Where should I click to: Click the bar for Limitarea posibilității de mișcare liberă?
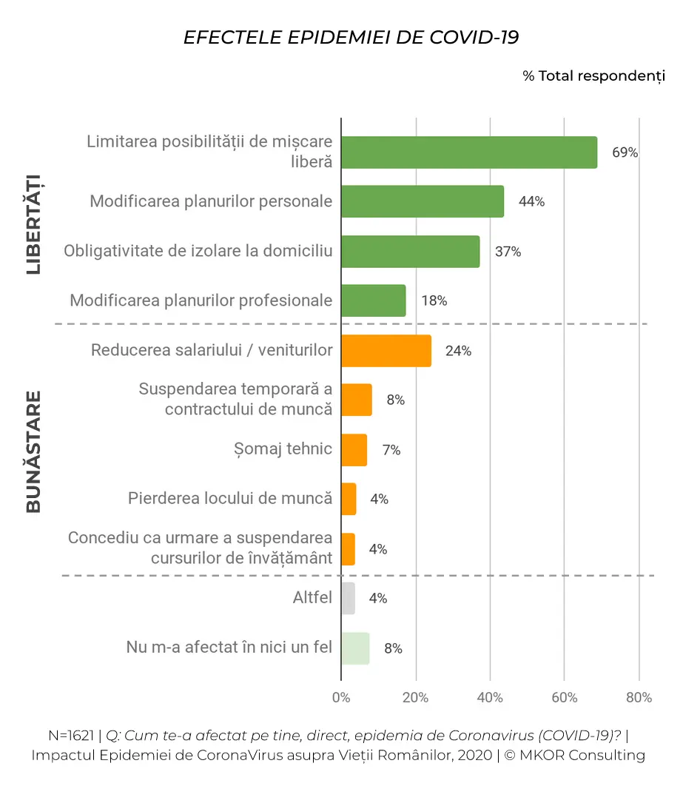click(470, 152)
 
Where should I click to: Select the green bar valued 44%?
click(423, 201)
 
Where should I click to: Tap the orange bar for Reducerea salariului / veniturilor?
click(386, 351)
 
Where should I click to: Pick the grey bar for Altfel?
click(349, 599)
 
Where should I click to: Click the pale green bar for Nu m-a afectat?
click(356, 648)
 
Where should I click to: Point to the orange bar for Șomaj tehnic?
click(354, 450)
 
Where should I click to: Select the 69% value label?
click(625, 152)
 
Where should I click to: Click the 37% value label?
click(508, 252)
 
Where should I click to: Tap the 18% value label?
click(434, 300)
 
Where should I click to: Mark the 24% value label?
click(459, 351)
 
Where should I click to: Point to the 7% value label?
click(391, 450)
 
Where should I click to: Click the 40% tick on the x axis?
click(490, 698)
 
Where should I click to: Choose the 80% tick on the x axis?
click(639, 698)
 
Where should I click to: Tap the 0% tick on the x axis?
click(341, 698)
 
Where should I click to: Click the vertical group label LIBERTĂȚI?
click(33, 224)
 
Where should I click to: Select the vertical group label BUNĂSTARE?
click(33, 452)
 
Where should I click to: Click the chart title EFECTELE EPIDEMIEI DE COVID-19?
click(351, 38)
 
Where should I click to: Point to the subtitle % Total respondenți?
click(593, 76)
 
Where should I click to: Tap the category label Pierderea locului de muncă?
click(230, 498)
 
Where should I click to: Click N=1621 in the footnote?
click(71, 736)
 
